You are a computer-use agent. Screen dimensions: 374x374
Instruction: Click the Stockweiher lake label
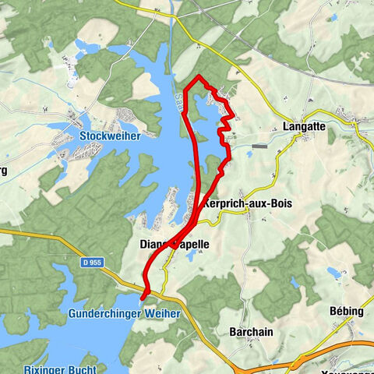(109, 136)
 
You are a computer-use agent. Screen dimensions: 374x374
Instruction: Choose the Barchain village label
(251, 331)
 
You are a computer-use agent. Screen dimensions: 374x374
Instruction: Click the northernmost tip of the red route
(199, 76)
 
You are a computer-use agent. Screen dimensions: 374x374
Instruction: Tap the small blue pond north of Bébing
(335, 273)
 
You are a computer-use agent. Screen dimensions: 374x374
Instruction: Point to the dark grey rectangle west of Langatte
(259, 146)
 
